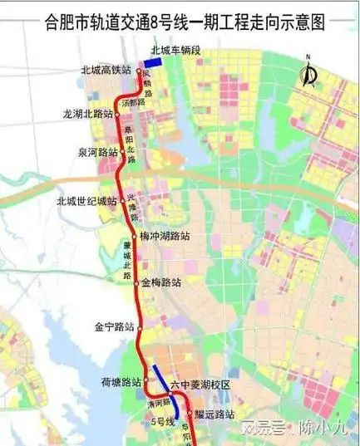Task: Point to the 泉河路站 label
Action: coord(96,153)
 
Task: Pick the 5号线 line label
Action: coord(163,422)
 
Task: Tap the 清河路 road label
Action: coord(155,403)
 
